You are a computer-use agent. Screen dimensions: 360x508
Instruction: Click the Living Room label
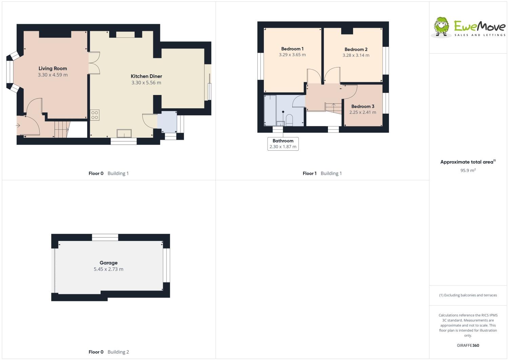(53, 69)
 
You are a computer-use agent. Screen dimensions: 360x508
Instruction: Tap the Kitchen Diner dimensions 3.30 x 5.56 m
(146, 83)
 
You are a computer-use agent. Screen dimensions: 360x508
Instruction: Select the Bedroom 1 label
(292, 49)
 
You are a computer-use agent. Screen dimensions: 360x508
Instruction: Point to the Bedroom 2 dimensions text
(356, 55)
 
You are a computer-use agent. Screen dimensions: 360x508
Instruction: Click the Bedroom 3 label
(363, 107)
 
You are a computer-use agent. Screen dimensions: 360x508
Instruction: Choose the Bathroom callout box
(283, 144)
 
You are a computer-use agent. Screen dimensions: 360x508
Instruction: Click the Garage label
(109, 263)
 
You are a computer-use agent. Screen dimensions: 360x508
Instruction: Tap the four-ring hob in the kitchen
(95, 115)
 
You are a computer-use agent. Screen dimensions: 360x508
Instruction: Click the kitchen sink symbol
(124, 133)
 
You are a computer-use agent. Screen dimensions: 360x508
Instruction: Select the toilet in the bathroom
(289, 120)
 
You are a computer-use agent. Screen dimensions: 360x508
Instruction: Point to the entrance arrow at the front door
(18, 126)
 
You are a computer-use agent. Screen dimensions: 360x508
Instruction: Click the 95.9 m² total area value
(468, 170)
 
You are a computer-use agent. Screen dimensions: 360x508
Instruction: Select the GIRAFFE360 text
(468, 345)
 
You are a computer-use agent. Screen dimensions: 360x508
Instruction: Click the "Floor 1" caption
(309, 173)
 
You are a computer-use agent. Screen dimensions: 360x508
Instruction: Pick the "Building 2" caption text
(118, 352)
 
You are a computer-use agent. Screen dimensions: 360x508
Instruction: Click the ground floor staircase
(62, 129)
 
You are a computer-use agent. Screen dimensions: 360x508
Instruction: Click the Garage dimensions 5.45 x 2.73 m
(109, 269)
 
